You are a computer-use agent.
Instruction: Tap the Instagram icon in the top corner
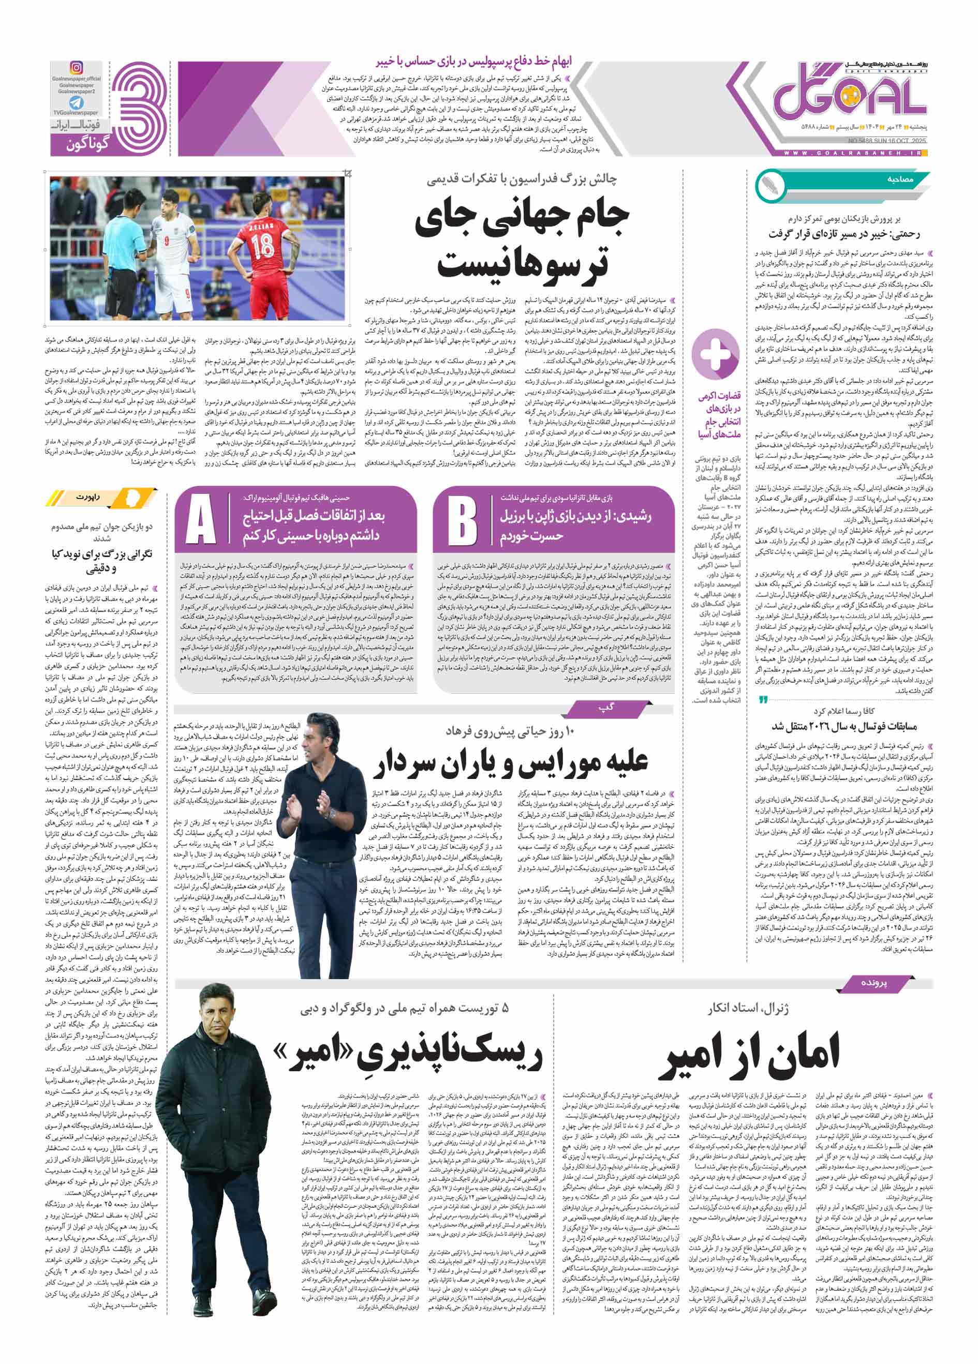pos(77,68)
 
